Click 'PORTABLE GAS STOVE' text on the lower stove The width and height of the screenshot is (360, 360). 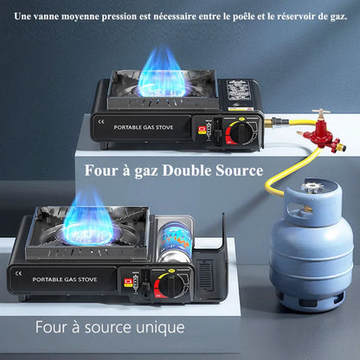(65, 280)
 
